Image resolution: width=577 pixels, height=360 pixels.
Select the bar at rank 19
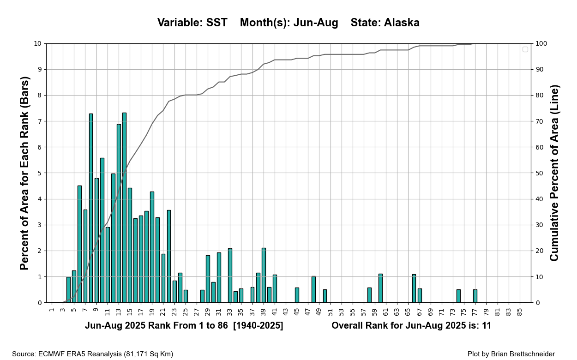click(152, 247)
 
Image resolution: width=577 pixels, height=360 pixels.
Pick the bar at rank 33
click(230, 276)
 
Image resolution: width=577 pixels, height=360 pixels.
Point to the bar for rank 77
click(475, 296)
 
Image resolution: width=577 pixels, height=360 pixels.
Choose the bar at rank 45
click(297, 295)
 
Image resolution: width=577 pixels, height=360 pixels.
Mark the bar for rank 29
click(208, 279)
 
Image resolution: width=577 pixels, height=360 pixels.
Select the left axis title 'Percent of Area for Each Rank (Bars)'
click(25, 173)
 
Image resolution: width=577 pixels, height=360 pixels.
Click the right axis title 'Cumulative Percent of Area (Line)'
click(554, 173)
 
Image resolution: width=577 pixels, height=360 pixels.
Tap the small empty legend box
click(525, 49)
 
